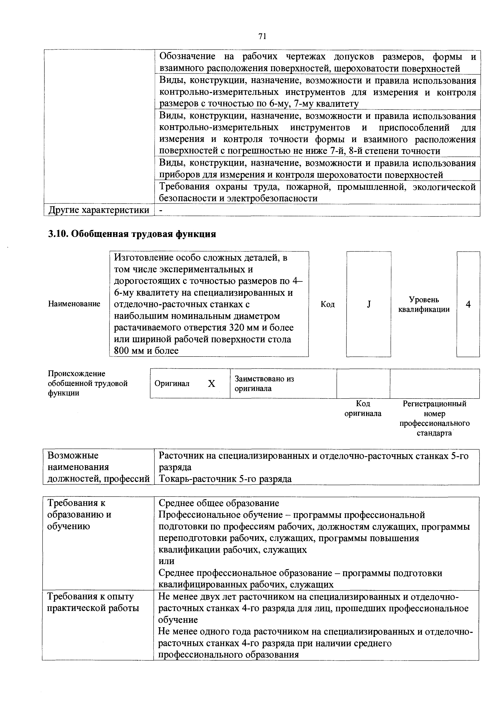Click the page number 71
[x=262, y=37]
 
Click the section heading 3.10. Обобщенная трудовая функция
[x=132, y=234]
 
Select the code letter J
[x=369, y=304]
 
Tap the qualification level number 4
[x=468, y=304]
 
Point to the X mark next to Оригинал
[x=211, y=383]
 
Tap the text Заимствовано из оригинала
[x=264, y=383]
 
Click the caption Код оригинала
[x=363, y=408]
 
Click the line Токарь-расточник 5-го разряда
[x=225, y=479]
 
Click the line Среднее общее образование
[x=219, y=503]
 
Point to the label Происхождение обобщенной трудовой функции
[x=87, y=383]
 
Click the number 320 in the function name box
[x=238, y=328]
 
